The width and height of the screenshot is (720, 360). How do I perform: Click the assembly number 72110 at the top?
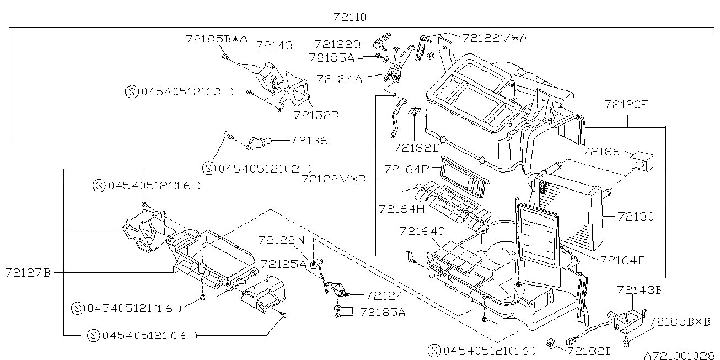(350, 18)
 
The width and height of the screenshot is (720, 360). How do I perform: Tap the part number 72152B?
(316, 115)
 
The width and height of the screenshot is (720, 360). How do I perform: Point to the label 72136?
(309, 141)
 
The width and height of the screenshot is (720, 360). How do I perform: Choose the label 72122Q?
(337, 44)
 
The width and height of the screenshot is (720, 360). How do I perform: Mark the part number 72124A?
(339, 79)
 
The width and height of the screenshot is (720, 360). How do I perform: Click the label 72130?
(636, 217)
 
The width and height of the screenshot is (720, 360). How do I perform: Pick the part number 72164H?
(402, 208)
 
